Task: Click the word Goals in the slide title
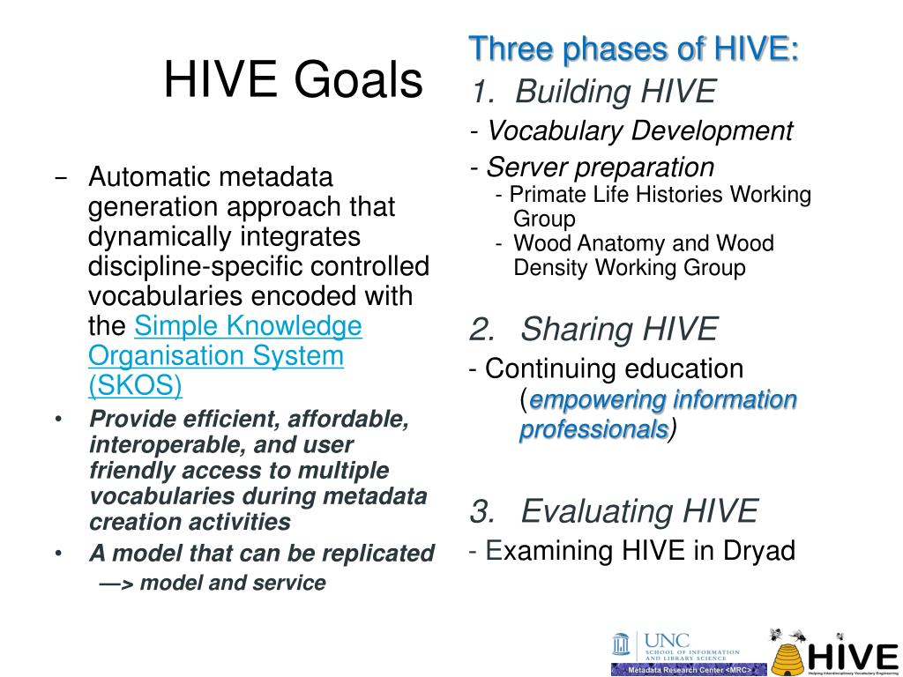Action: click(358, 79)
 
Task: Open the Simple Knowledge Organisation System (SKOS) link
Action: click(225, 355)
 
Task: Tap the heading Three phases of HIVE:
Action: click(634, 49)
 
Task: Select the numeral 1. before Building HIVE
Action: click(483, 92)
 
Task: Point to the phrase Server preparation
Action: click(600, 167)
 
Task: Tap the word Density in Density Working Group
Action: click(551, 268)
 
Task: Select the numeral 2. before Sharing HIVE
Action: click(482, 330)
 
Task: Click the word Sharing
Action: click(578, 331)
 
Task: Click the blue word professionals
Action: click(593, 430)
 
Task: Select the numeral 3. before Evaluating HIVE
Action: click(482, 511)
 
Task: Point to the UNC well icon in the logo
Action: click(621, 644)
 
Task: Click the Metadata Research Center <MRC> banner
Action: click(690, 670)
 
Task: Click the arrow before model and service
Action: click(116, 584)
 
